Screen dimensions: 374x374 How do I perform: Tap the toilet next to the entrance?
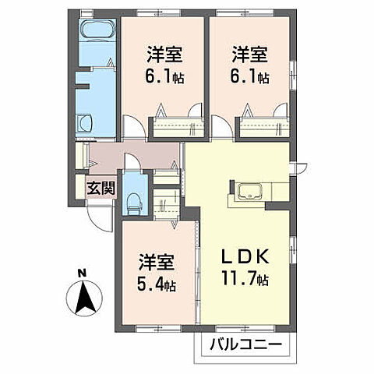tap(134, 201)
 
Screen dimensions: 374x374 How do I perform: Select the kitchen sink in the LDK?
tap(249, 192)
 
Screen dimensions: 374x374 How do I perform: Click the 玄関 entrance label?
tap(98, 187)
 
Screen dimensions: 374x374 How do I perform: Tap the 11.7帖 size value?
tap(247, 278)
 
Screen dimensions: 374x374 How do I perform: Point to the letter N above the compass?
tap(83, 273)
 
